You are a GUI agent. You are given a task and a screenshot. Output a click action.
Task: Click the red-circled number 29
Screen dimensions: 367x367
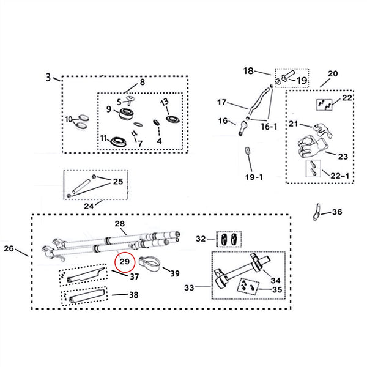(x=124, y=262)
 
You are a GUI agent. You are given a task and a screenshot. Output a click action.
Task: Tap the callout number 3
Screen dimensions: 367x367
(x=48, y=78)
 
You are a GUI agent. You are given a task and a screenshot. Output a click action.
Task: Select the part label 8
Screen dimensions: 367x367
(x=142, y=83)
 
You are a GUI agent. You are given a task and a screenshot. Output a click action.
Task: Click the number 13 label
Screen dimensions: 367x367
(x=164, y=102)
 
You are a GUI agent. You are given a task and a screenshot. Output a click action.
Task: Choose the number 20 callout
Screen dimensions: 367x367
(x=332, y=74)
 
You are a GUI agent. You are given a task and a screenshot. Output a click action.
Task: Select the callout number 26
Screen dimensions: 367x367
(x=9, y=249)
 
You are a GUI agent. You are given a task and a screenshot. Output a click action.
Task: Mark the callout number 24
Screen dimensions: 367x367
(x=89, y=206)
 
